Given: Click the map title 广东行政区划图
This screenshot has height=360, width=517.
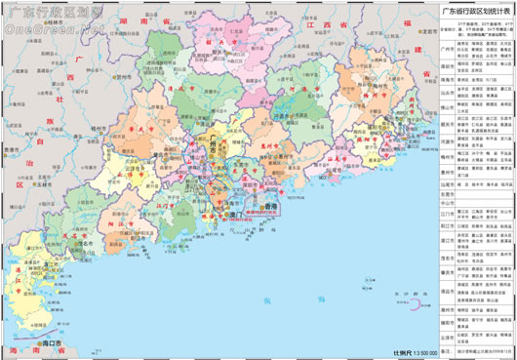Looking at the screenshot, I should coord(42,12).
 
